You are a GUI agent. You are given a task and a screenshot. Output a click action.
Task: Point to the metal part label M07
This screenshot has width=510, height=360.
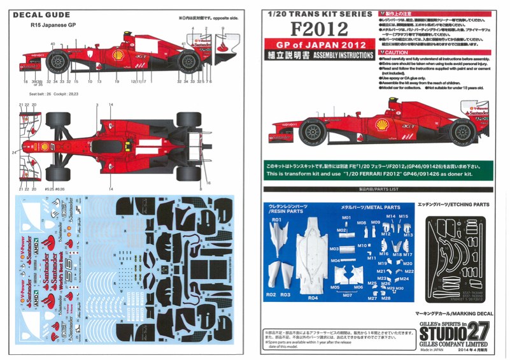pos(346,295)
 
